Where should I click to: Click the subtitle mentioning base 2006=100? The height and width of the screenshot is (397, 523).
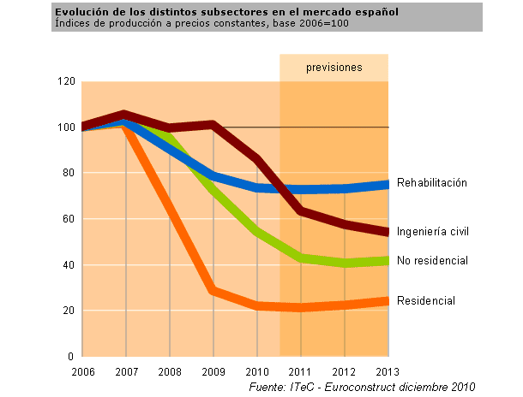pyautogui.click(x=201, y=23)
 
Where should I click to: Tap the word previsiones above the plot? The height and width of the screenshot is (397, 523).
pyautogui.click(x=334, y=68)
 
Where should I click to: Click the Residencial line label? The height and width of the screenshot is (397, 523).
pyautogui.click(x=425, y=300)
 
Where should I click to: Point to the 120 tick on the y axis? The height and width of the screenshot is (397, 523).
pyautogui.click(x=66, y=82)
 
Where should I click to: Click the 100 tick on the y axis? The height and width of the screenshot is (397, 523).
pyautogui.click(x=66, y=127)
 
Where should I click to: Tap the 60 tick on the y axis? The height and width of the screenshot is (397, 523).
pyautogui.click(x=69, y=219)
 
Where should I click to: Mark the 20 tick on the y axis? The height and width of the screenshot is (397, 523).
pyautogui.click(x=69, y=311)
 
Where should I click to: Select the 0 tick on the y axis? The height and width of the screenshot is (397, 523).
pyautogui.click(x=72, y=356)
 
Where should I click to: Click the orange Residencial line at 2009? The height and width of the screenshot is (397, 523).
pyautogui.click(x=213, y=292)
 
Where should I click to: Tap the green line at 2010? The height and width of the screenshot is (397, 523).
pyautogui.click(x=257, y=232)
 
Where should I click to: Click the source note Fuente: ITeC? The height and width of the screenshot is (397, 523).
pyautogui.click(x=360, y=388)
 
